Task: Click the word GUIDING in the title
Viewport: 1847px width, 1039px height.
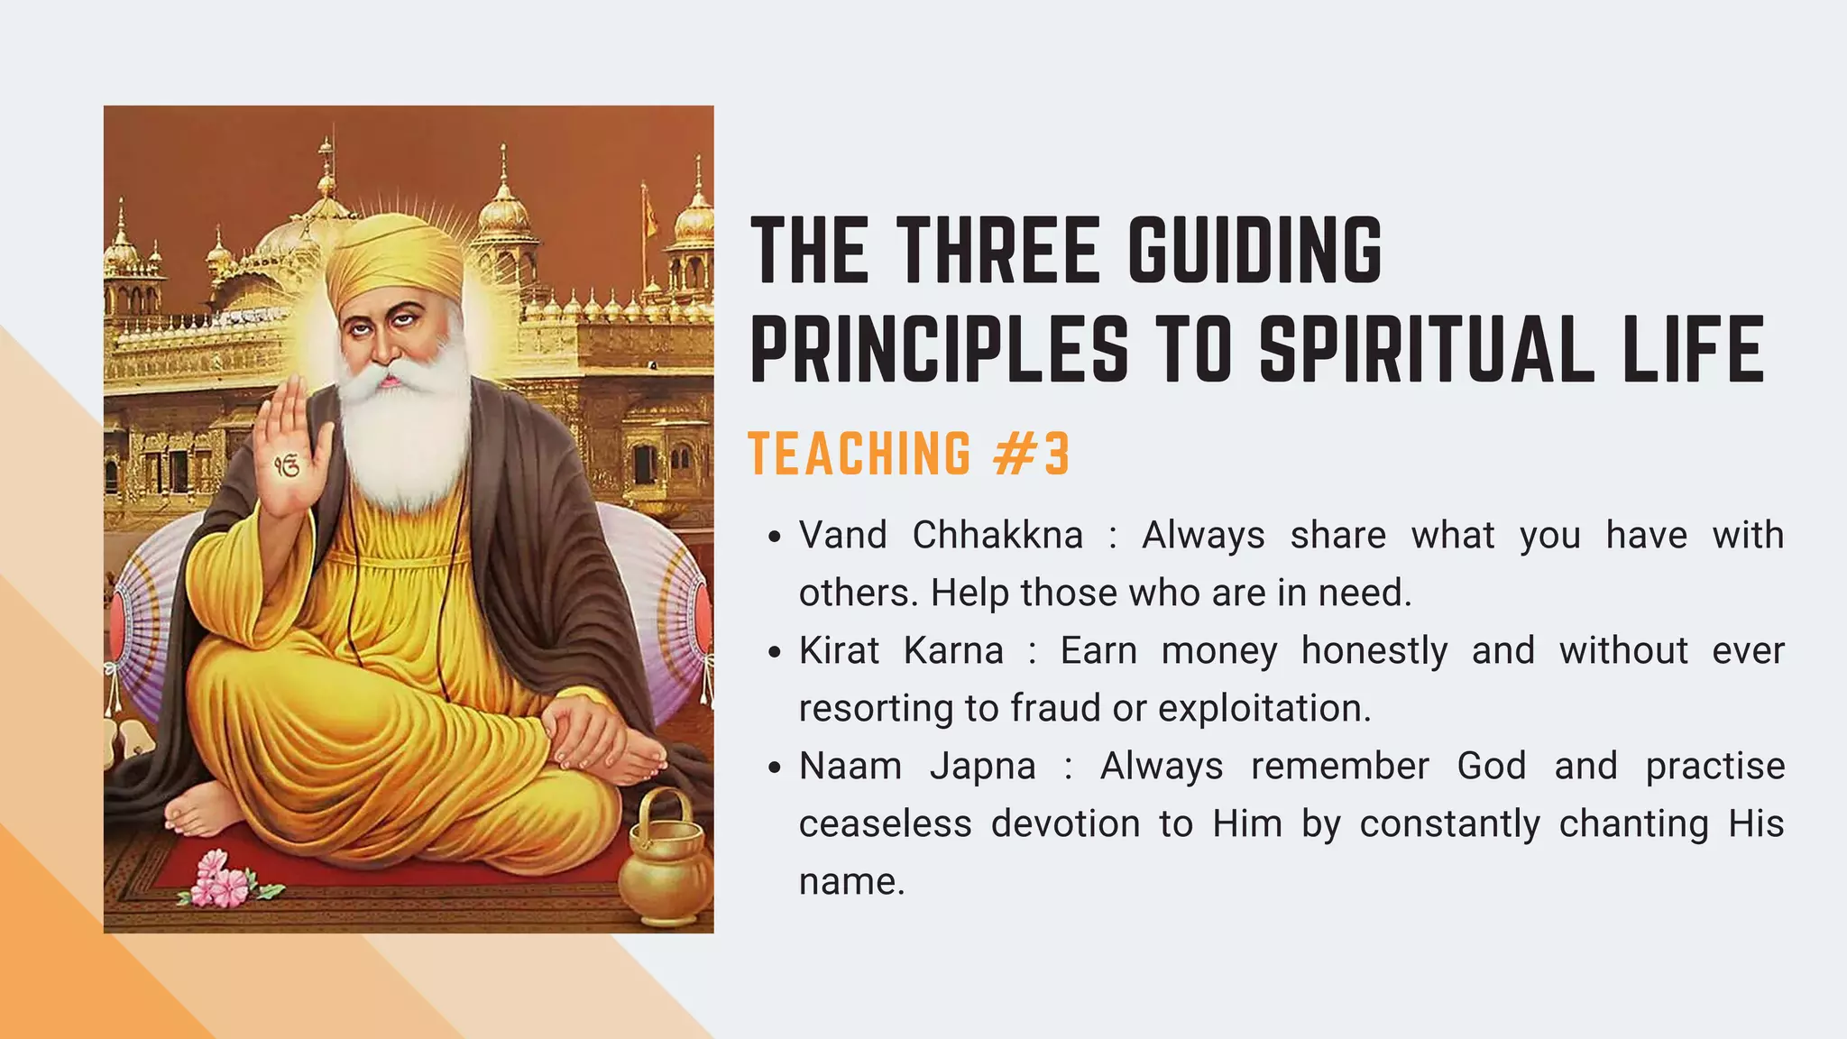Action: (x=1254, y=250)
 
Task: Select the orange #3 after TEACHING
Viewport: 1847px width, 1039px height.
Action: (x=1032, y=453)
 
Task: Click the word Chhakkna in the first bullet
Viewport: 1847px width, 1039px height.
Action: (x=997, y=535)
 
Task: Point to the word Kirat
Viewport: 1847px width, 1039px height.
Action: (x=838, y=650)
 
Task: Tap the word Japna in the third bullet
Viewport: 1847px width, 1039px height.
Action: (x=983, y=766)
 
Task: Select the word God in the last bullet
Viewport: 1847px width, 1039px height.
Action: (x=1491, y=766)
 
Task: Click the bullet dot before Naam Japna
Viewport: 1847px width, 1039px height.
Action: (x=774, y=768)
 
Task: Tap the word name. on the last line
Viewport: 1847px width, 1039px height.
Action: (x=851, y=881)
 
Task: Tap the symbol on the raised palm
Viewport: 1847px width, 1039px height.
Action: (x=287, y=466)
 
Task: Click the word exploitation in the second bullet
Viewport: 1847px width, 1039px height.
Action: (x=1263, y=708)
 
